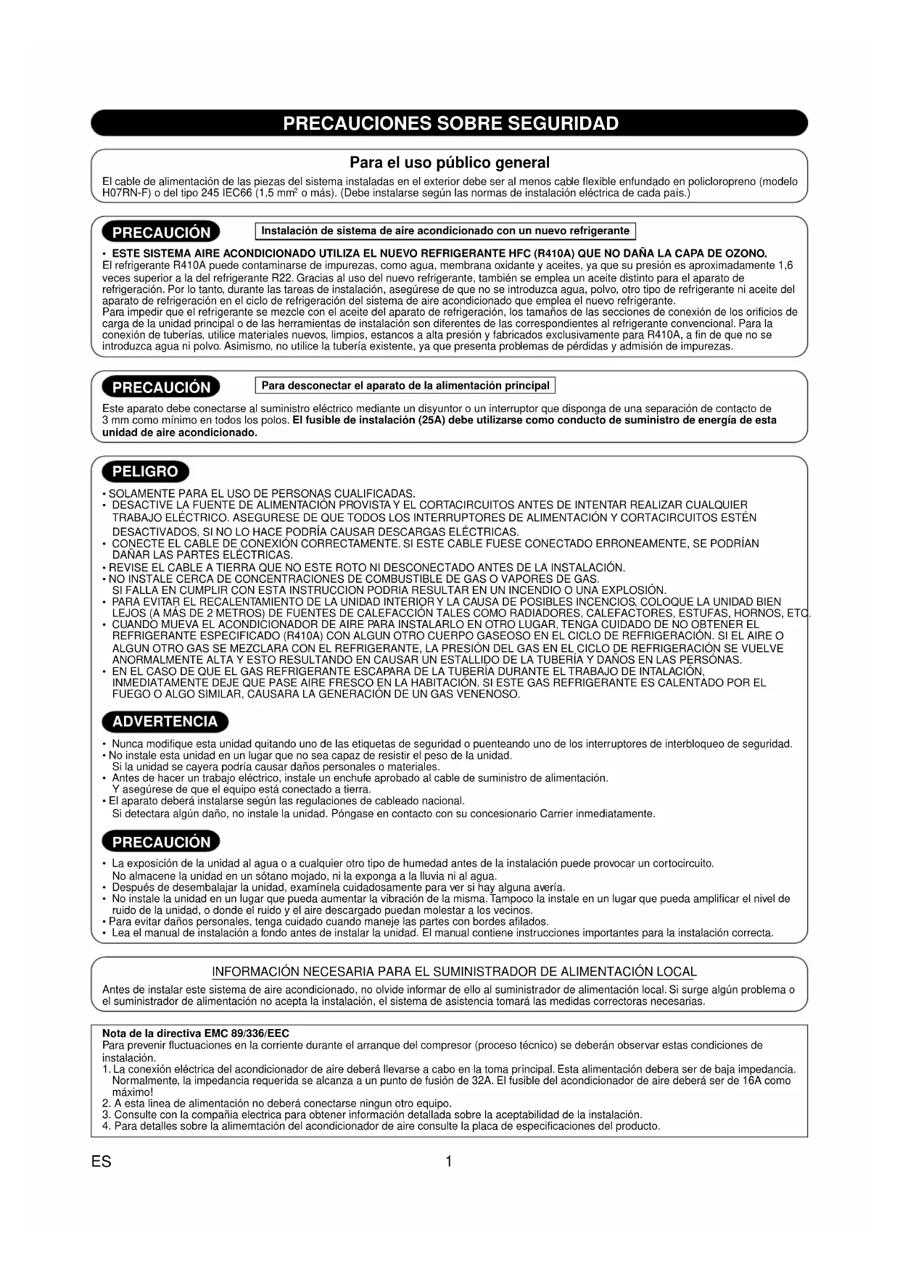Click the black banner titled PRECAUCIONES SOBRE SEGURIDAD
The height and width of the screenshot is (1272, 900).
pos(450,123)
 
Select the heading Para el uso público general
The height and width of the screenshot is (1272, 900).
pos(450,162)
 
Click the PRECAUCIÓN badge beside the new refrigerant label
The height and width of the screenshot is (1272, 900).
pos(161,233)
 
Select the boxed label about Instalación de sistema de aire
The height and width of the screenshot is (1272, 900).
pos(445,231)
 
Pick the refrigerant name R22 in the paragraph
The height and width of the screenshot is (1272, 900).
pos(282,278)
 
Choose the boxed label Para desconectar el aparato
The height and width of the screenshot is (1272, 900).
pos(405,385)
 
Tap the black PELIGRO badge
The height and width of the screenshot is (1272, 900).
pos(145,472)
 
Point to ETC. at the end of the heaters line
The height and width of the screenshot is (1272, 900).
pos(798,614)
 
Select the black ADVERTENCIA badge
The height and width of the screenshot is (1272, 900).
pos(165,722)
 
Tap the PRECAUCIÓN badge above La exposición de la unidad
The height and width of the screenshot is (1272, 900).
pos(161,843)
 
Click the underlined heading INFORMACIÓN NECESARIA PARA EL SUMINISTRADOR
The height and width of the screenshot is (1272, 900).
pos(454,972)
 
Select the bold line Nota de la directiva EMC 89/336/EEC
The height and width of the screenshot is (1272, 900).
pos(196,1033)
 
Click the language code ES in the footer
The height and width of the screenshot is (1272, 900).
pos(102,1162)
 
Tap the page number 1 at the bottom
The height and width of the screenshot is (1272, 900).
pos(449,1162)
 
